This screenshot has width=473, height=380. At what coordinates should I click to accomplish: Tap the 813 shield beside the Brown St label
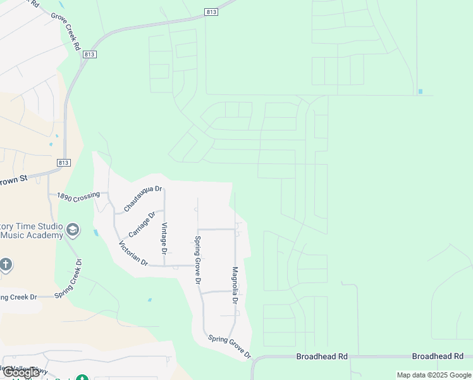click(63, 163)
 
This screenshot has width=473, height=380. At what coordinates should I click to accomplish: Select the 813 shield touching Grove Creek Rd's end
click(89, 54)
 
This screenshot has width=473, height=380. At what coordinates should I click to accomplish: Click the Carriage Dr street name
click(142, 224)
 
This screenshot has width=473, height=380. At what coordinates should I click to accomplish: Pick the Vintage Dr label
click(164, 238)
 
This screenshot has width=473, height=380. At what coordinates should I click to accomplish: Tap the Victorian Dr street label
click(133, 253)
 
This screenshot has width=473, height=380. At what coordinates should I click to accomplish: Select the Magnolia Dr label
click(235, 286)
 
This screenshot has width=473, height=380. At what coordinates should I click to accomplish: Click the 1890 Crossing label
click(78, 197)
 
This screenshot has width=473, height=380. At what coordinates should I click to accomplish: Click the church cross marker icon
click(5, 264)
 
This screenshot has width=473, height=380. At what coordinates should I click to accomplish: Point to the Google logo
click(21, 372)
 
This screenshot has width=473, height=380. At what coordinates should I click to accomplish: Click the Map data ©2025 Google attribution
click(434, 375)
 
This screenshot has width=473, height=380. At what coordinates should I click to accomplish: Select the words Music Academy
click(32, 236)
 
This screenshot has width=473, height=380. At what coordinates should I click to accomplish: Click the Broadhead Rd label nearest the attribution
click(438, 357)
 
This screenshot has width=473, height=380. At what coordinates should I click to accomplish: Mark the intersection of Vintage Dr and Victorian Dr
click(164, 266)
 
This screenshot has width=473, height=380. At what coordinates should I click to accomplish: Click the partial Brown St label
click(14, 179)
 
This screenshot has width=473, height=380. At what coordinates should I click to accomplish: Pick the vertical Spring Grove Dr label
click(197, 260)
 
